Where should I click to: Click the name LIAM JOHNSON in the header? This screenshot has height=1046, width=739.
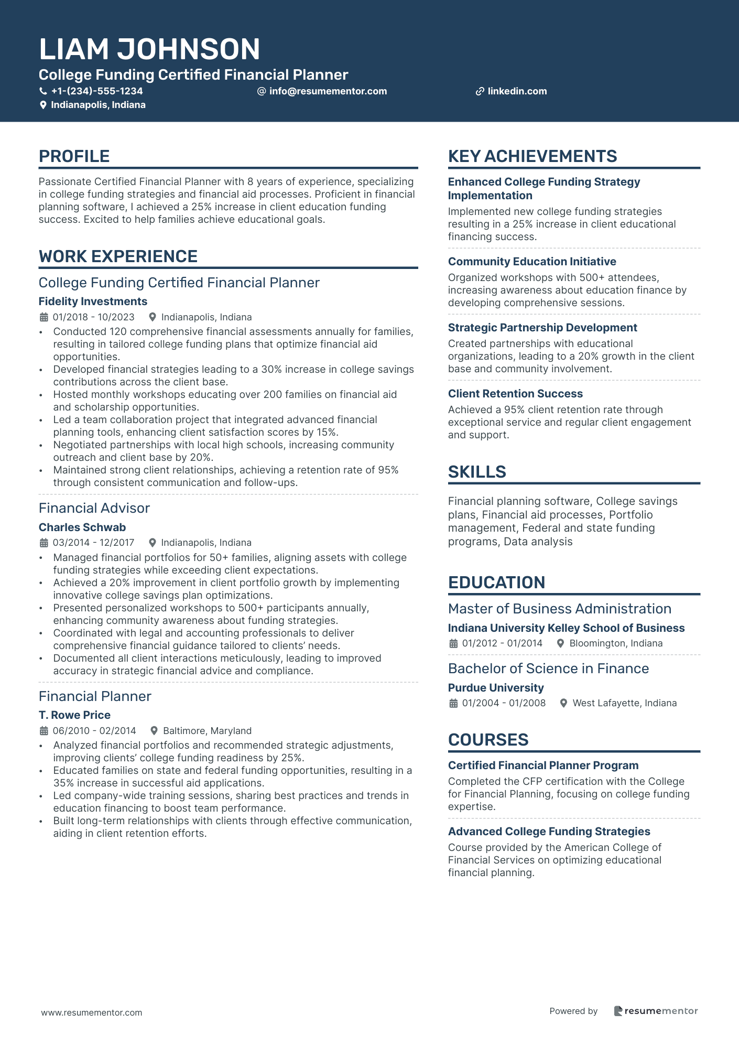[149, 49]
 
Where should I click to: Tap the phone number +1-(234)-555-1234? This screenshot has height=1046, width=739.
[97, 91]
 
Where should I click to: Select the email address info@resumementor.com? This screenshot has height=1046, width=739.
[328, 91]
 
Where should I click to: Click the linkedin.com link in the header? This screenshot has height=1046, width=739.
[517, 91]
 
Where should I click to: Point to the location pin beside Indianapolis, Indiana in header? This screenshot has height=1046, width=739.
[43, 105]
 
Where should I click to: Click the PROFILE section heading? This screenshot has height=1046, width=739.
[74, 156]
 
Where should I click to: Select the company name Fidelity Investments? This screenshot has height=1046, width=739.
[93, 301]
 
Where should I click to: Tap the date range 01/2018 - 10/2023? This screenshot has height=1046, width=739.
[93, 317]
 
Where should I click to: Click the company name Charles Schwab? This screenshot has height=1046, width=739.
[82, 527]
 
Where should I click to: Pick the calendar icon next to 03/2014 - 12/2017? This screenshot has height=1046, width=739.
[44, 543]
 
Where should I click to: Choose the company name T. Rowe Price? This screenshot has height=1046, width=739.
[74, 715]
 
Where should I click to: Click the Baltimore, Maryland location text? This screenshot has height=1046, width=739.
[207, 731]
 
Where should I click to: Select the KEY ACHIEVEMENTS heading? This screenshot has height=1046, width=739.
[532, 156]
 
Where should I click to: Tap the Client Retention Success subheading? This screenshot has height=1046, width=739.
[515, 394]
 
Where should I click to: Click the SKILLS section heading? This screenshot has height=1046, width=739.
[477, 472]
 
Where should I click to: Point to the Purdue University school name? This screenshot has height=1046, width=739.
[496, 688]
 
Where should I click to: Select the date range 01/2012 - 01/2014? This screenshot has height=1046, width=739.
[502, 643]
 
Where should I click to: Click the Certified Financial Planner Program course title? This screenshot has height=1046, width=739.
[543, 765]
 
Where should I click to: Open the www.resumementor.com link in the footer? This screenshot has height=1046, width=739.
[92, 1012]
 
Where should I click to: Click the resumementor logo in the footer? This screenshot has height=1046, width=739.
[656, 1011]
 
